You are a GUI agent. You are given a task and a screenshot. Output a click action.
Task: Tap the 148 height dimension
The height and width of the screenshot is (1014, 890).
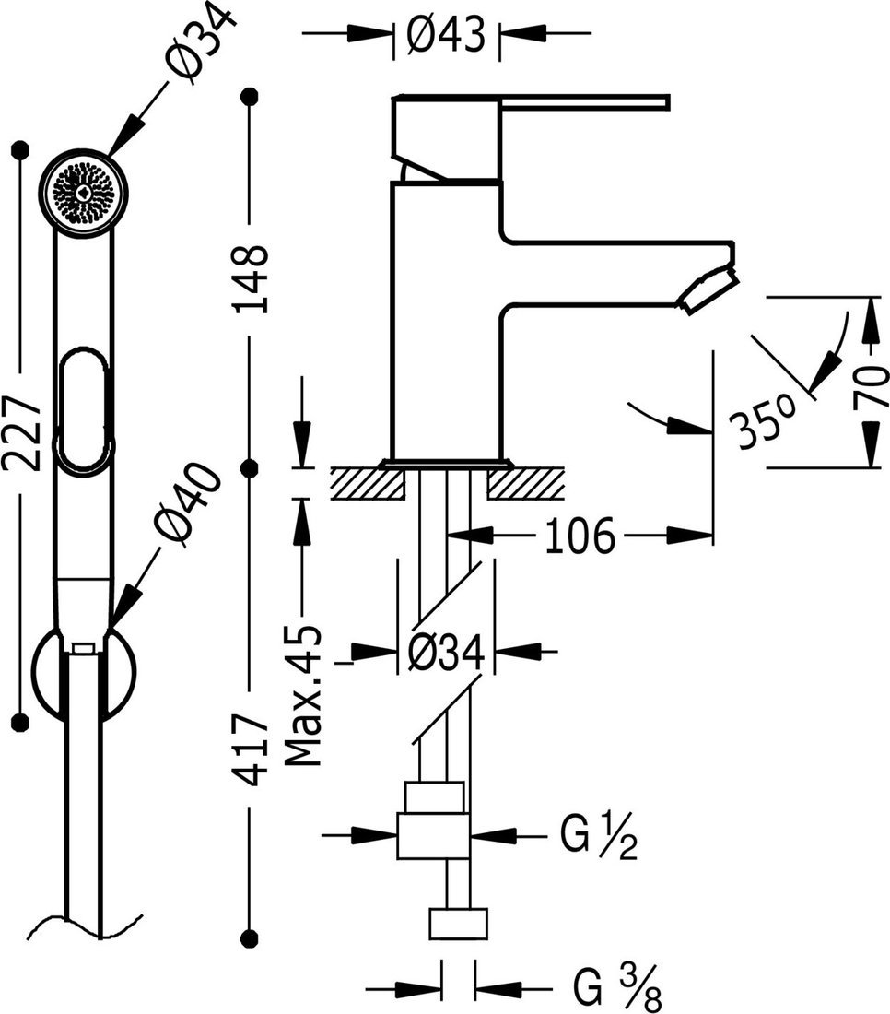(x=252, y=278)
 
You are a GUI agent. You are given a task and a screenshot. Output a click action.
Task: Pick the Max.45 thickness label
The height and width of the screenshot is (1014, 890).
(x=303, y=696)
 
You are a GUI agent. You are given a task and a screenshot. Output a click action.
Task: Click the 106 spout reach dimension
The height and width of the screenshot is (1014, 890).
(x=580, y=536)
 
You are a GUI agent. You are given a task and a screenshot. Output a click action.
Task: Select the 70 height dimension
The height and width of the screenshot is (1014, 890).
(x=871, y=387)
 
